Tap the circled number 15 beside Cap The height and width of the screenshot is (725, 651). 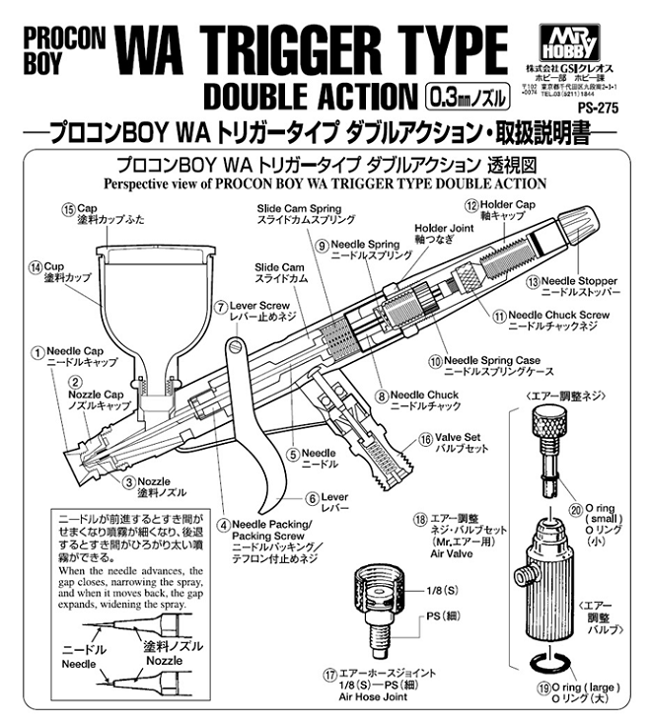click(68, 209)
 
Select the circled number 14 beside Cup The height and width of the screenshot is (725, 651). click(36, 266)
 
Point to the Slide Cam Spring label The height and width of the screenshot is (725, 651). click(299, 209)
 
